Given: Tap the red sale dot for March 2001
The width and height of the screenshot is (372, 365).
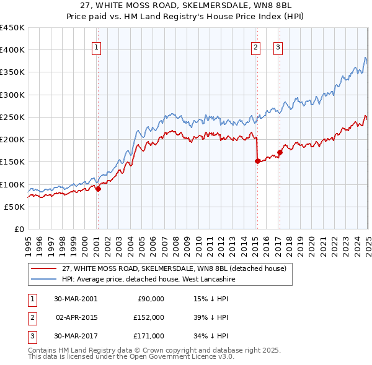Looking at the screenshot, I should click(98, 189).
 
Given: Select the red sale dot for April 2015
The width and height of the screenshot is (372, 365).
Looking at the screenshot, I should click(257, 161).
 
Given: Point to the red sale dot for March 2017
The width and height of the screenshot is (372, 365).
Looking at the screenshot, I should click(280, 152).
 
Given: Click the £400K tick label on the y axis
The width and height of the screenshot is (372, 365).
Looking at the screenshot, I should click(12, 50).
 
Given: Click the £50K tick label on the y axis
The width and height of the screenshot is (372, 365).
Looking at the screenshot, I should click(14, 207).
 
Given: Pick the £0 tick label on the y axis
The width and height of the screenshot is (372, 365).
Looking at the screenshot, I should click(18, 230).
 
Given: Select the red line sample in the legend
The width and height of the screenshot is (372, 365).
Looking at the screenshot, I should click(43, 269).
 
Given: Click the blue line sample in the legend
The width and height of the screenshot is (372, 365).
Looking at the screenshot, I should click(43, 280).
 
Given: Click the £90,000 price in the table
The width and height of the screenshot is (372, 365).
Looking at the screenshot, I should click(151, 299).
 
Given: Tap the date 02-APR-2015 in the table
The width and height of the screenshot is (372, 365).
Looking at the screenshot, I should click(76, 317).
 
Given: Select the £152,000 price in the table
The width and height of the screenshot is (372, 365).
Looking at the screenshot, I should click(149, 317).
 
